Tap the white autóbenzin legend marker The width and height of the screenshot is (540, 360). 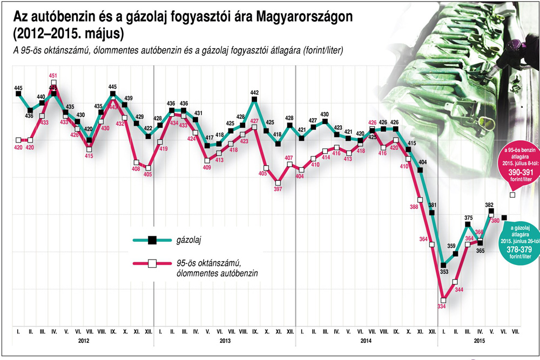(152, 263)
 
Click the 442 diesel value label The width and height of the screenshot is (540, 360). (254, 92)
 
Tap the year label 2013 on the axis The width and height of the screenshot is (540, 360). (225, 341)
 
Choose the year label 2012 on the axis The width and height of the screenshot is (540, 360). (83, 341)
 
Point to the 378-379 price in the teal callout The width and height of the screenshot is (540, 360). (516, 249)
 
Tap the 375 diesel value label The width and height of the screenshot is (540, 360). (468, 218)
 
